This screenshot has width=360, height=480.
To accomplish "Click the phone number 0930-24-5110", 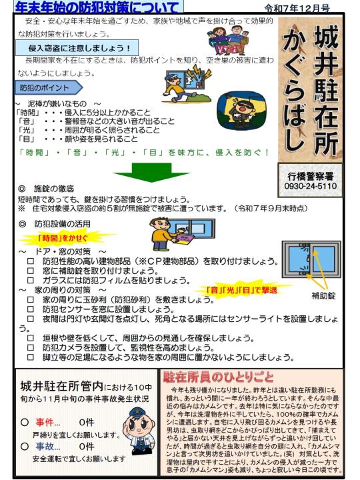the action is click(311, 186).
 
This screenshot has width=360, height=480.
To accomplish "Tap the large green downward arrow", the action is click(151, 173).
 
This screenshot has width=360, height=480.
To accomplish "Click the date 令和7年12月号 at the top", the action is click(297, 8).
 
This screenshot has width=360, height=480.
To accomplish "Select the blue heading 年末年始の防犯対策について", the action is click(97, 7).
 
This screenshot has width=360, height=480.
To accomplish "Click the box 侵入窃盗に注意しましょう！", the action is click(77, 48).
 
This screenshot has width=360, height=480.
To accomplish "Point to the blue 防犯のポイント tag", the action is click(49, 88).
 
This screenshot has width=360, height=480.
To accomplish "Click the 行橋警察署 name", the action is click(311, 176).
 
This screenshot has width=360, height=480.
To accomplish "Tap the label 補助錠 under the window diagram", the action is click(323, 296).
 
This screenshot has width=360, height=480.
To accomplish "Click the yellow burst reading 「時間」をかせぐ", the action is click(63, 238).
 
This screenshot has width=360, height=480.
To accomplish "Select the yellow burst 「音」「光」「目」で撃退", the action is click(242, 289).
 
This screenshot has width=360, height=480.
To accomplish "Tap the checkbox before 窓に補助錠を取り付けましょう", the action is click(30, 271).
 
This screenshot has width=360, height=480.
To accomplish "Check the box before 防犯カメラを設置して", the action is click(30, 348).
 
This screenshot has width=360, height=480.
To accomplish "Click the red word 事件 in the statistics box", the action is click(45, 423).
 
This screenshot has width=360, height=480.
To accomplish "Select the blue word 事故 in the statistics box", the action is click(45, 446).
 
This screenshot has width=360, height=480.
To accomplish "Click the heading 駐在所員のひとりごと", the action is click(218, 377).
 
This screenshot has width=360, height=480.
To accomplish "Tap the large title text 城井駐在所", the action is click(326, 89).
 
